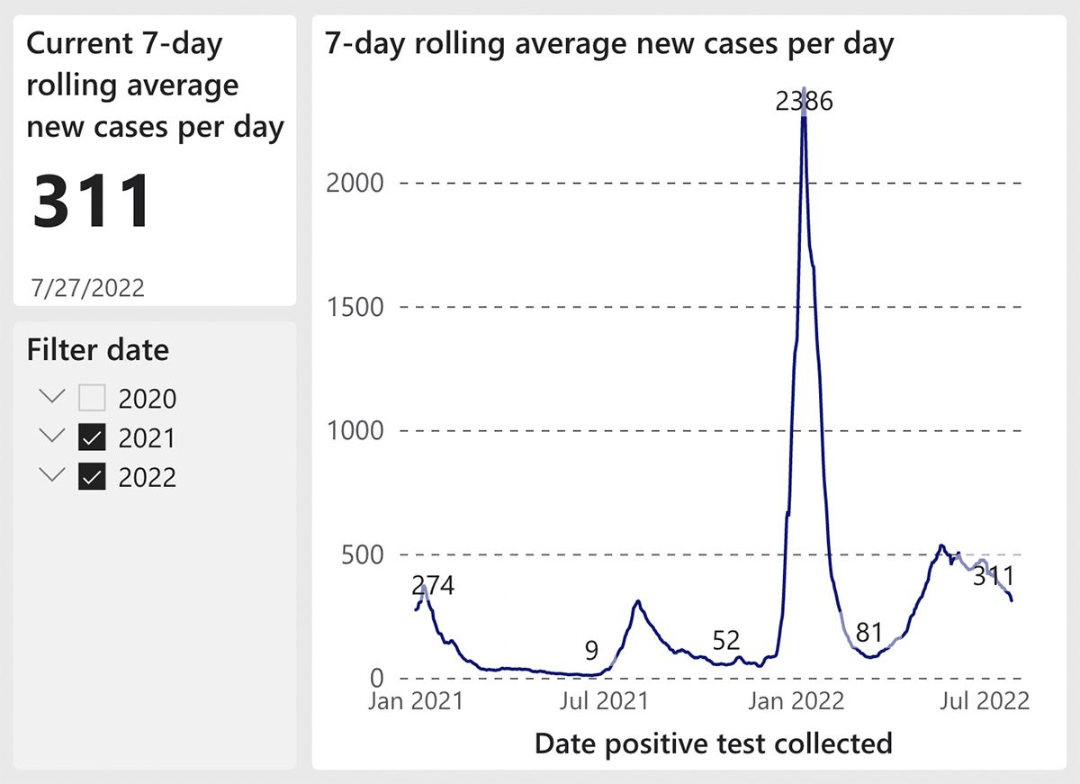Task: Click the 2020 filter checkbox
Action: pyautogui.click(x=92, y=398)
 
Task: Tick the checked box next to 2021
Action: pyautogui.click(x=92, y=438)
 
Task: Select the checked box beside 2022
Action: pyautogui.click(x=92, y=478)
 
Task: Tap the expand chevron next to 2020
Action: pyautogui.click(x=53, y=396)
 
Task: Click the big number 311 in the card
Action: pyautogui.click(x=92, y=201)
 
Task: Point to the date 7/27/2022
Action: pyautogui.click(x=87, y=288)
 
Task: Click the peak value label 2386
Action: pyautogui.click(x=805, y=101)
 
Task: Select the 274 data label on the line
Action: pyautogui.click(x=433, y=586)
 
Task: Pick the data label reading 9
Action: pyautogui.click(x=591, y=650)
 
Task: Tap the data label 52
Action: pyautogui.click(x=725, y=641)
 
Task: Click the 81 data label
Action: pyautogui.click(x=868, y=633)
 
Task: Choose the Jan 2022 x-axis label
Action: pyautogui.click(x=796, y=699)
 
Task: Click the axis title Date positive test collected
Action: pyautogui.click(x=713, y=743)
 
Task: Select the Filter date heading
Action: pyautogui.click(x=98, y=349)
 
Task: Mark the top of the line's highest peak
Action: pyautogui.click(x=804, y=88)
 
